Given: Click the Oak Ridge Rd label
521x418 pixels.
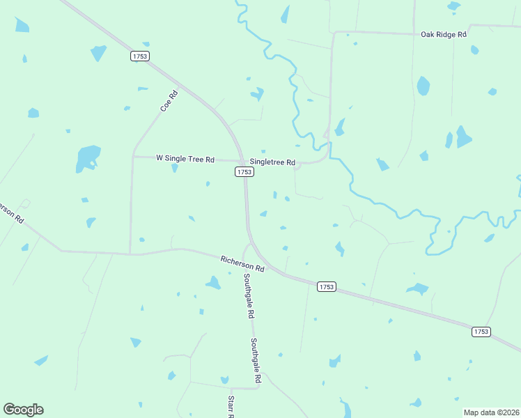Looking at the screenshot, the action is tap(443, 34).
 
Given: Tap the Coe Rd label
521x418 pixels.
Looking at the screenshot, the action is tap(169, 101).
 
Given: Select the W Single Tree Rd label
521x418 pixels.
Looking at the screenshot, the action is tap(185, 159).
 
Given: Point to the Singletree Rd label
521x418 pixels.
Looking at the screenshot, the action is tap(272, 162).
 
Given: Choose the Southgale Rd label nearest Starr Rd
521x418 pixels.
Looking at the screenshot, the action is tap(256, 362).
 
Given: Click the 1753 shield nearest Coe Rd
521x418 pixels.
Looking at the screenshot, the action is tap(140, 56).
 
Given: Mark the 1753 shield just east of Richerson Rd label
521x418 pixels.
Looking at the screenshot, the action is tap(326, 286).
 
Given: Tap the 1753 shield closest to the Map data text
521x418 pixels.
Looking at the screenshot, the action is tap(480, 332).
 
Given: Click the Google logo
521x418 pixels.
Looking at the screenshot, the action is tap(23, 410).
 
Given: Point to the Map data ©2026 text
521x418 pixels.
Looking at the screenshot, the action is tap(491, 412).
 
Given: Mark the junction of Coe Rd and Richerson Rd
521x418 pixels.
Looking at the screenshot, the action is tap(130, 254).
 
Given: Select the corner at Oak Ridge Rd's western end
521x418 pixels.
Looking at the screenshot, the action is tap(334, 33).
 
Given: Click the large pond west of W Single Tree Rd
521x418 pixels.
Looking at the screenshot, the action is tap(88, 158).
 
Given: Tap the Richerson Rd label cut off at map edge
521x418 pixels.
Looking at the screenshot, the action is tap(12, 212).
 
